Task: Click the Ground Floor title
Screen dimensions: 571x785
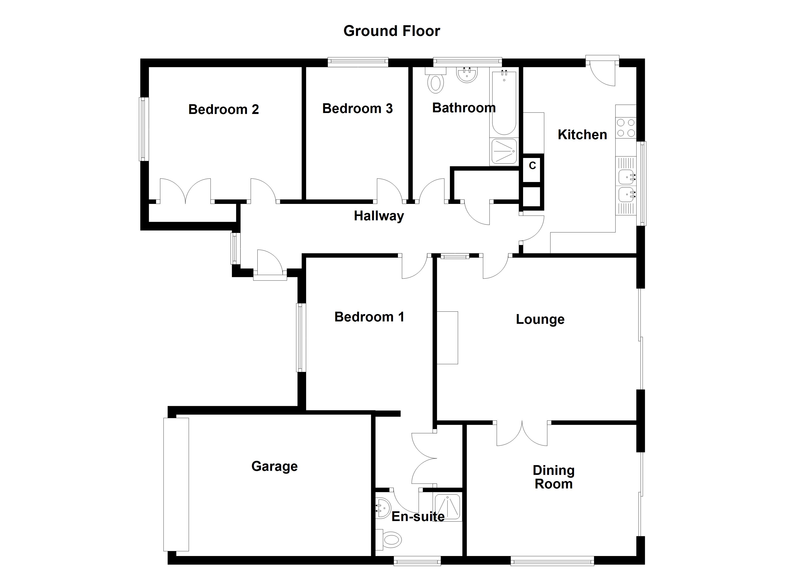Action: coord(392,31)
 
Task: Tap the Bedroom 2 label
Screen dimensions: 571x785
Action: coord(224,109)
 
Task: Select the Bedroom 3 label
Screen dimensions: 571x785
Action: coord(357,108)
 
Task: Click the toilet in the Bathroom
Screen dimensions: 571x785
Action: coord(436,82)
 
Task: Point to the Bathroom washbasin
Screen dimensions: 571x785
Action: coord(467,75)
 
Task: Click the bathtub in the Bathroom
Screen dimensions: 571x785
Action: coord(504,103)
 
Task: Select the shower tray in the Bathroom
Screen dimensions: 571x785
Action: coord(504,151)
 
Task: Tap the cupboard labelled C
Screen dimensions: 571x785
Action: coord(532,168)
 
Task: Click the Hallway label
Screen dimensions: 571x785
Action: coord(379,216)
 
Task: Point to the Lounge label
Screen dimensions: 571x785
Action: coord(540,319)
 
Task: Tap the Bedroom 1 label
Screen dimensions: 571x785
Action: coord(369,317)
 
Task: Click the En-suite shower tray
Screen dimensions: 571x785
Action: coord(447,507)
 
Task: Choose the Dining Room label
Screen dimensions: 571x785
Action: coord(554,477)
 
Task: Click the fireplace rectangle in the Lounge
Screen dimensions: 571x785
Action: coord(447,338)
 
